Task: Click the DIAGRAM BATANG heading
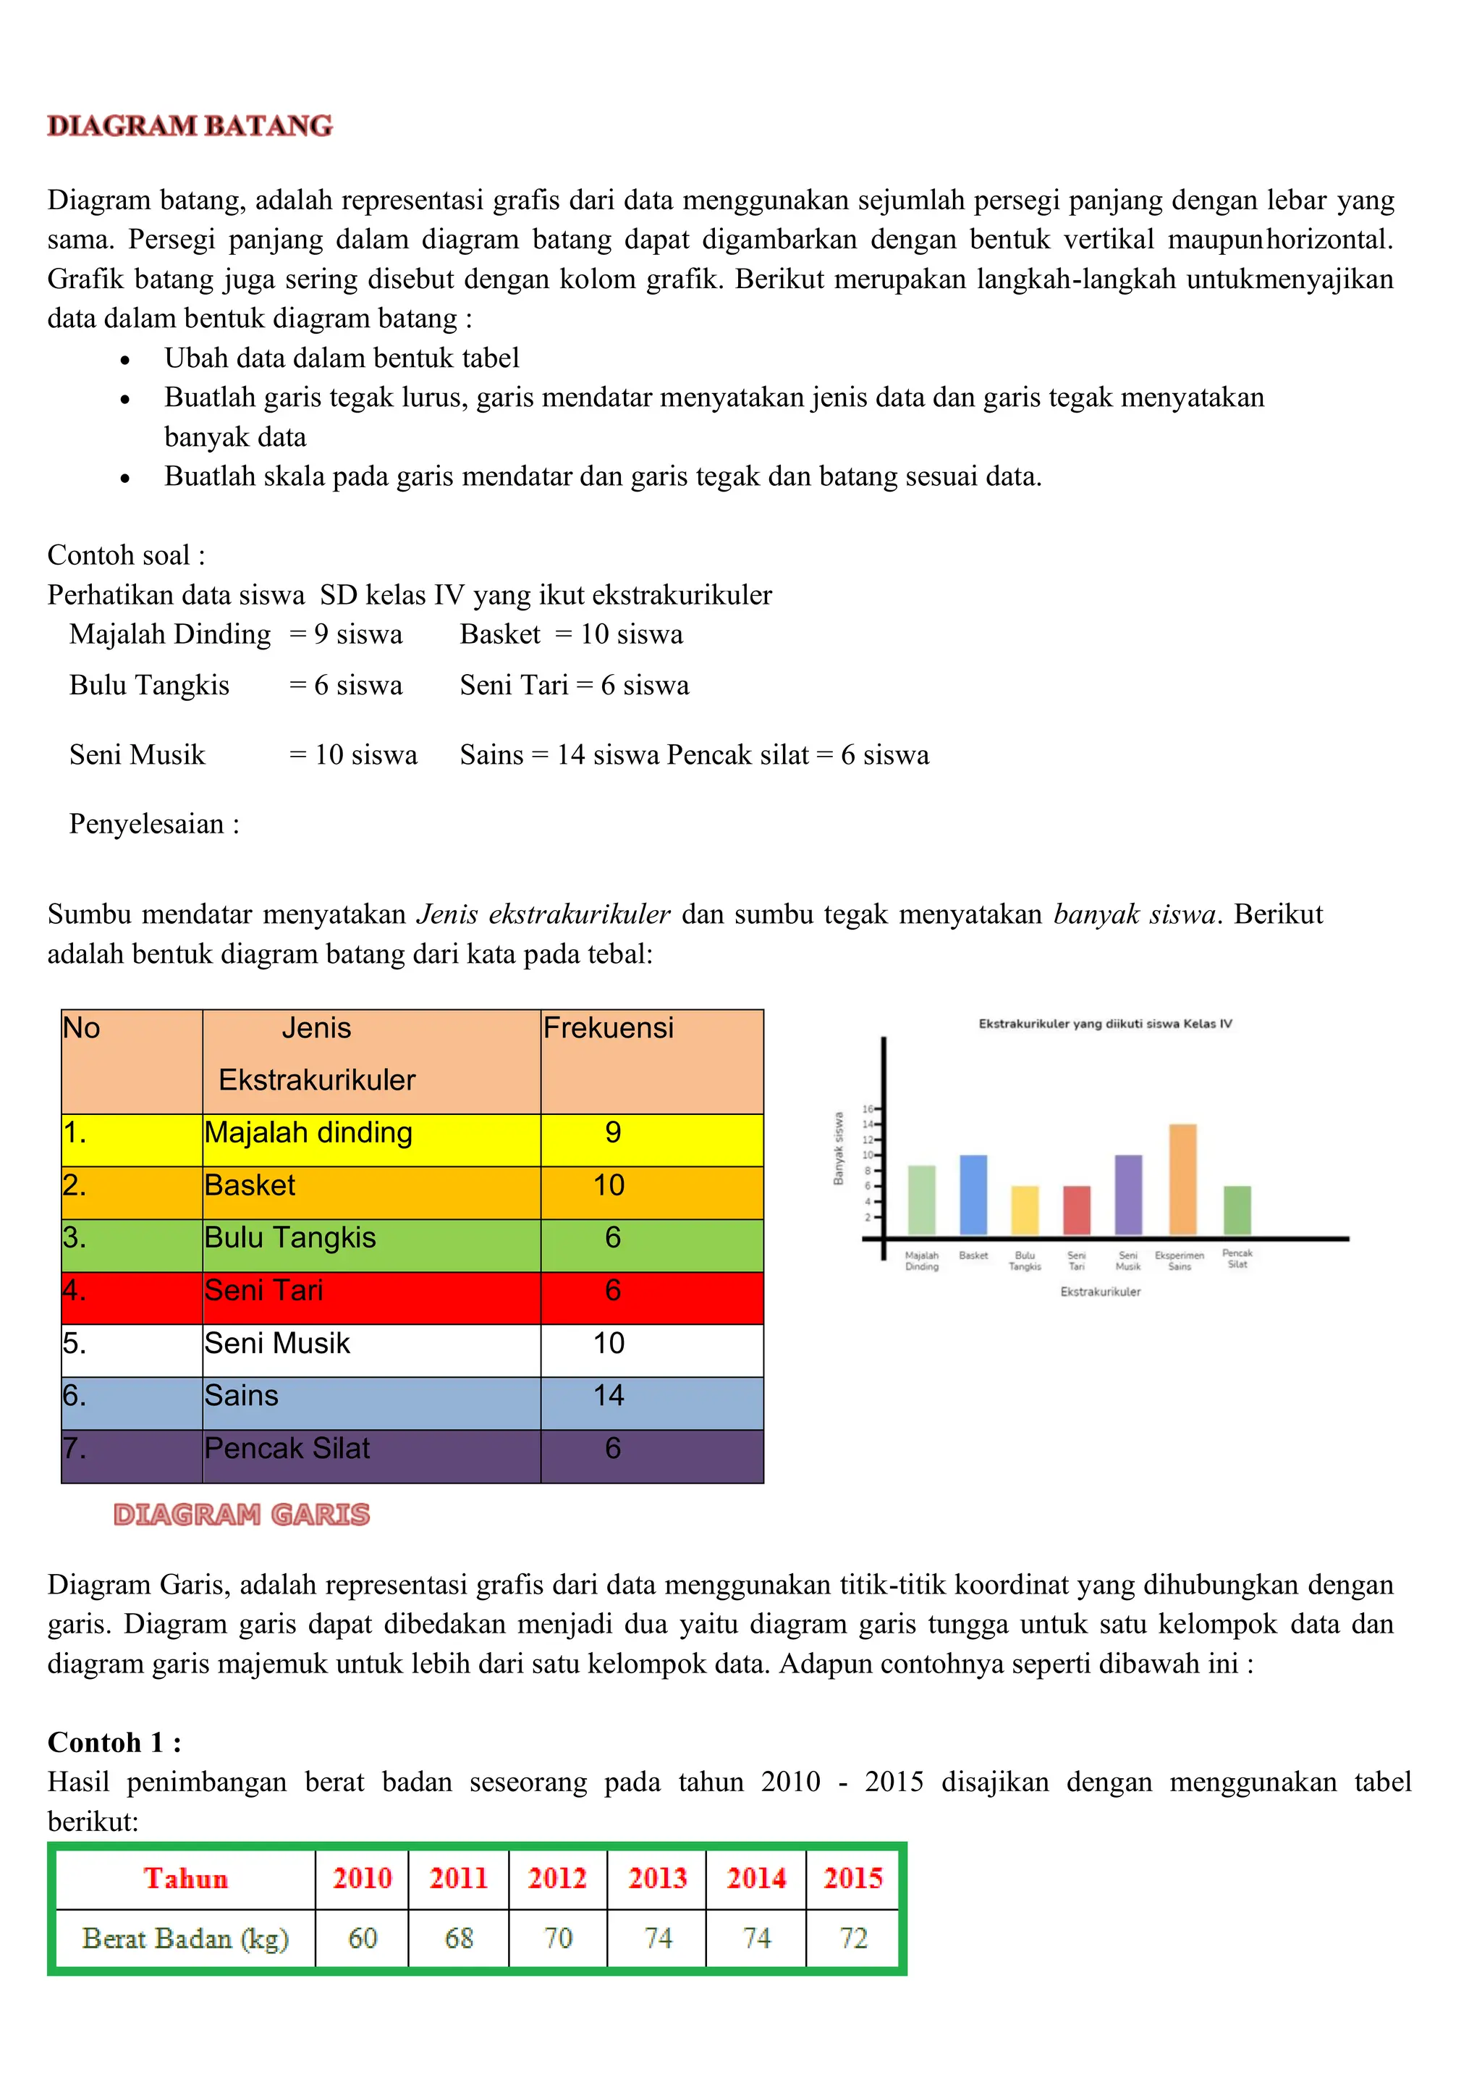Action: click(x=190, y=125)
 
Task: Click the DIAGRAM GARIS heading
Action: click(x=241, y=1515)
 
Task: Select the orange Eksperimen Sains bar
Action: click(x=1182, y=1179)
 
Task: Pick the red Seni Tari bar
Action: click(x=1077, y=1210)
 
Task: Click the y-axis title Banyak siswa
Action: click(x=838, y=1148)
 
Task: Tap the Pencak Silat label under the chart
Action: click(x=1237, y=1259)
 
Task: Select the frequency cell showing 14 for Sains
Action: click(x=609, y=1395)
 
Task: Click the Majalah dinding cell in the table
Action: click(x=308, y=1133)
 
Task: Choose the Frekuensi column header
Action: click(x=609, y=1028)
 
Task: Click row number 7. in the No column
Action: click(x=75, y=1448)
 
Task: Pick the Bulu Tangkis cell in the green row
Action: click(x=290, y=1238)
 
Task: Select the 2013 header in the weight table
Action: click(x=657, y=1878)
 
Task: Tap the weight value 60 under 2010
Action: click(x=363, y=1937)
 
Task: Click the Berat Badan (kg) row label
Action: click(x=185, y=1937)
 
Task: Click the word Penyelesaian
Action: click(x=147, y=825)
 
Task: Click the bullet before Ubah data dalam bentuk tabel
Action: click(x=125, y=360)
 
